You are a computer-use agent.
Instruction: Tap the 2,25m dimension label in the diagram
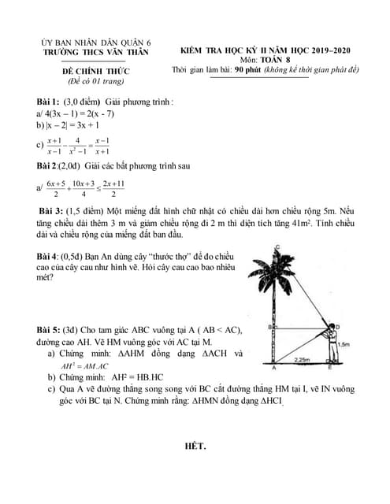298,359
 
